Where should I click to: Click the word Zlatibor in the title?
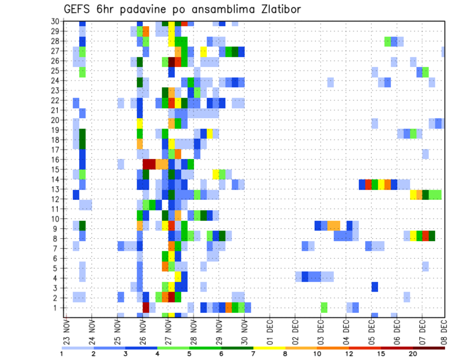277,10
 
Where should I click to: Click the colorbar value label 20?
413,354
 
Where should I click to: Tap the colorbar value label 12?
349,354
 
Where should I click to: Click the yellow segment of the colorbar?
269,347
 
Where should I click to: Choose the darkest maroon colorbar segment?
429,347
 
